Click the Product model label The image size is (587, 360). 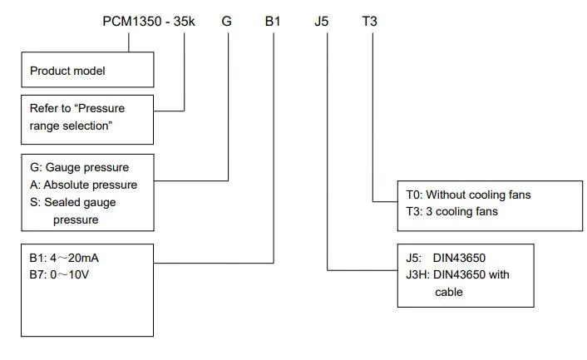[69, 71]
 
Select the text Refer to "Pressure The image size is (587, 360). [77, 108]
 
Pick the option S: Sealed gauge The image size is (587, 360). [73, 202]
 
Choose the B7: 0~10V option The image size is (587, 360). [59, 274]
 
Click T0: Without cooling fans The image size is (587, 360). [468, 195]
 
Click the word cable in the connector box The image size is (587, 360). [449, 292]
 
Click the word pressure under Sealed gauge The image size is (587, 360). [76, 219]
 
